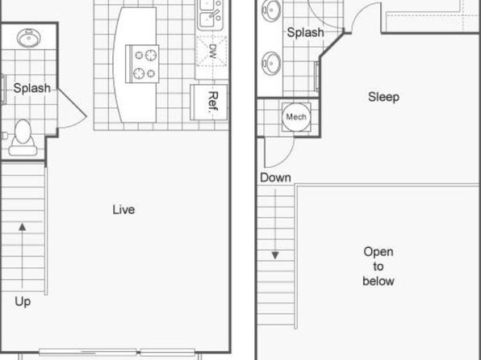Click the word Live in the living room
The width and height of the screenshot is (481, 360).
pos(123,210)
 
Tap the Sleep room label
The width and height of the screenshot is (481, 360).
pos(384,97)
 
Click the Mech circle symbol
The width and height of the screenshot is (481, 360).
pos(296,116)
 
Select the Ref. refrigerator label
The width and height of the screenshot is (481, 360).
pos(213,102)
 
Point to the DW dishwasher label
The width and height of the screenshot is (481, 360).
pos(212,51)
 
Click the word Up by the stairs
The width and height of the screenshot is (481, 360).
pos(23,302)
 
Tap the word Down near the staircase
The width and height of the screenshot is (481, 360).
pos(275,178)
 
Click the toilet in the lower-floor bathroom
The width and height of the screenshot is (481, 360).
pos(22,137)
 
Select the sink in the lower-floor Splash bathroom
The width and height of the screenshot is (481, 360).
pos(28,38)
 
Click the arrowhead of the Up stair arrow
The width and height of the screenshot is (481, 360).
pos(22,227)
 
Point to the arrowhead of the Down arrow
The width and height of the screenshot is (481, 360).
pos(275,255)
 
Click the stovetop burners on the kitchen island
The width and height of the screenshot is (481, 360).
pos(142,64)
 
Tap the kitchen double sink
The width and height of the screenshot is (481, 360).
pos(210,15)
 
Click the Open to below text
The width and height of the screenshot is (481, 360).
pos(379,266)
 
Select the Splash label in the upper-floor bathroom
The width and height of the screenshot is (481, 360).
pos(306,32)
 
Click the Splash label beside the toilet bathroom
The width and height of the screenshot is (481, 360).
pos(32,89)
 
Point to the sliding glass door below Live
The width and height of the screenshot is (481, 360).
pos(117,352)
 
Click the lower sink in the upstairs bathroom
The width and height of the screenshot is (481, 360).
pos(271,63)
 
